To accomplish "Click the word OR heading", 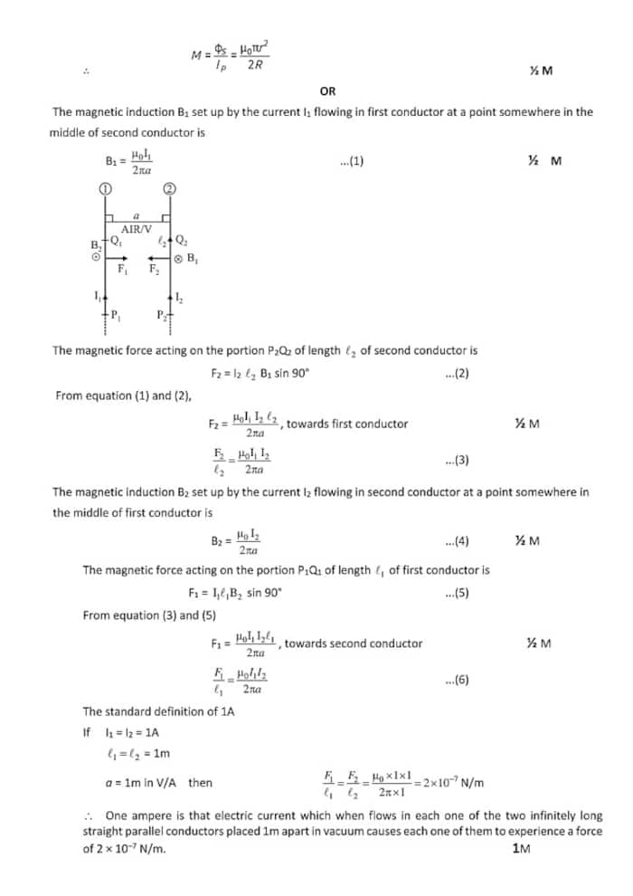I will click(x=327, y=91).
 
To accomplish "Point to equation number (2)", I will click(x=457, y=374).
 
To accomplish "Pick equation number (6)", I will click(x=457, y=680).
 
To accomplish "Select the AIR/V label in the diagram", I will click(x=137, y=229).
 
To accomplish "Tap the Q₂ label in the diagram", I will click(x=182, y=241).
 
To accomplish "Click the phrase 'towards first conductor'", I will click(x=347, y=424).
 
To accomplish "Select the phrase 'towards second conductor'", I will click(x=354, y=643).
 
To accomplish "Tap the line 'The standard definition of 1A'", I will click(x=158, y=712).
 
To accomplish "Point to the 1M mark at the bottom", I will click(x=520, y=848).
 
